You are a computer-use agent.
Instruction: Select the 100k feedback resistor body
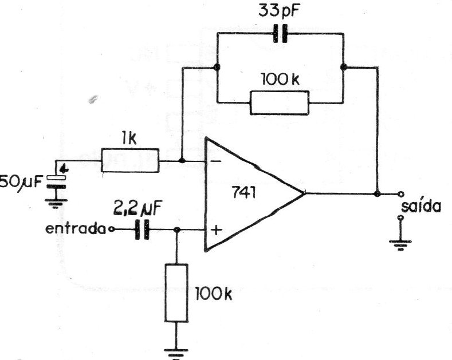(x=280, y=103)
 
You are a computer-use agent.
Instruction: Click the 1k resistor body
(x=129, y=160)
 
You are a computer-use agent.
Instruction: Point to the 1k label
(x=128, y=140)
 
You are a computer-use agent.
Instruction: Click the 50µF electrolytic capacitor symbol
(x=57, y=183)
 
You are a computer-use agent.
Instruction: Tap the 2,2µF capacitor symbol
(x=142, y=230)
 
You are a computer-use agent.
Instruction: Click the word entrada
(x=76, y=230)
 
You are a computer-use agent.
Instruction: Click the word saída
(x=421, y=206)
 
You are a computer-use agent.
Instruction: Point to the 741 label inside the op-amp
(x=243, y=193)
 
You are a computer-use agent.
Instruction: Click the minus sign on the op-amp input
(x=216, y=161)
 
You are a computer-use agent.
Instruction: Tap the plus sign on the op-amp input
(x=217, y=230)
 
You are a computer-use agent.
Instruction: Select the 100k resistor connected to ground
(x=176, y=292)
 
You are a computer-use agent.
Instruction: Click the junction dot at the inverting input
(x=182, y=160)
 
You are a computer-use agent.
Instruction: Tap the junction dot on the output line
(x=377, y=194)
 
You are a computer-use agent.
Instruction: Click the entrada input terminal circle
(x=112, y=230)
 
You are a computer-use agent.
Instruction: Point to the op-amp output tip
(x=305, y=193)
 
